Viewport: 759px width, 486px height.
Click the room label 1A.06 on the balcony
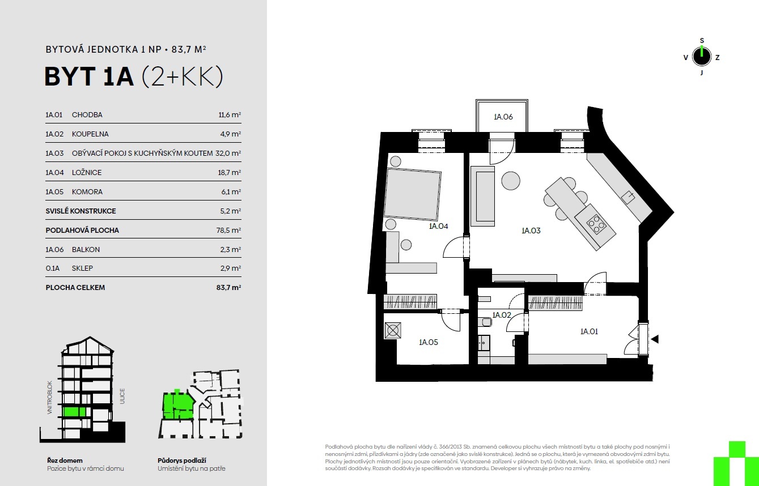tap(503, 117)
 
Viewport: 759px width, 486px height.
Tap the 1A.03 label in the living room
tap(531, 231)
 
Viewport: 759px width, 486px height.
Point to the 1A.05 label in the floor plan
tap(429, 342)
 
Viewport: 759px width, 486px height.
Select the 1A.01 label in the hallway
tap(589, 331)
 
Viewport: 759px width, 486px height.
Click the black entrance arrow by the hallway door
tap(655, 339)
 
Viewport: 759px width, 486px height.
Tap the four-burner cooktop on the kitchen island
tap(596, 224)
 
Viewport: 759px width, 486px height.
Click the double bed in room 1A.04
tap(413, 194)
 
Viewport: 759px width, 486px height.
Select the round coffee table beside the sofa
tap(511, 181)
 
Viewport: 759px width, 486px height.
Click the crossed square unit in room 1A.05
tap(393, 331)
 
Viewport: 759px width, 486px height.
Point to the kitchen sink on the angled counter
tap(628, 197)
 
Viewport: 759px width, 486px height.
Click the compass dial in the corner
tap(701, 57)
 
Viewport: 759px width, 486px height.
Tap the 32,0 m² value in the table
tap(228, 153)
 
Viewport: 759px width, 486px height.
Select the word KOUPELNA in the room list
tap(90, 134)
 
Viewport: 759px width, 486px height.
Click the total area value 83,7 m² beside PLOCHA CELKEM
tap(228, 288)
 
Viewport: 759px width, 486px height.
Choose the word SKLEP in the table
tap(82, 268)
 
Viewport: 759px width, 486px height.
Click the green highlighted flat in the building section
tap(75, 411)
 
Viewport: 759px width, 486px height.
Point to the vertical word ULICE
tap(122, 396)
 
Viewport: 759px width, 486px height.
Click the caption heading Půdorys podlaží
tap(182, 461)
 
